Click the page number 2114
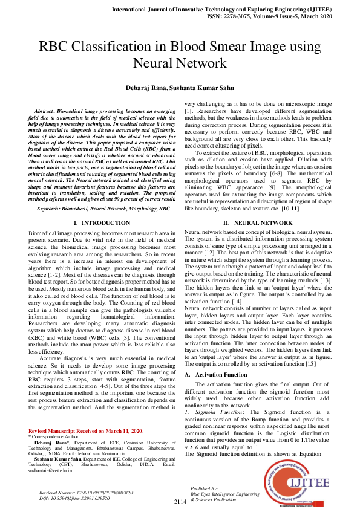coord(180,502)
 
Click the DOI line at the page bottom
coord(71,498)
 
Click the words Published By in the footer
coord(204,488)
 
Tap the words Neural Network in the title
coord(180,62)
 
